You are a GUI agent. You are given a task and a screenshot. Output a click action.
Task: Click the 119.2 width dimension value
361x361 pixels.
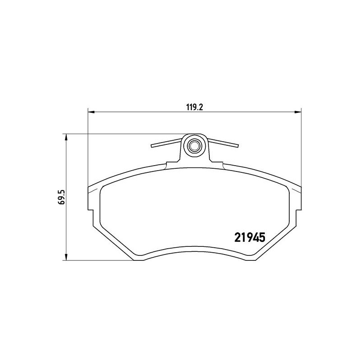click(194, 107)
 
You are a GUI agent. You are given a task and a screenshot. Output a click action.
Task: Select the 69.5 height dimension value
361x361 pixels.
click(62, 197)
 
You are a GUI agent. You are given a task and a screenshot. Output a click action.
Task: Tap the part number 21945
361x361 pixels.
click(250, 237)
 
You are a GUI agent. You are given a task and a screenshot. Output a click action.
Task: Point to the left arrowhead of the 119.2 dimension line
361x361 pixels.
click(91, 112)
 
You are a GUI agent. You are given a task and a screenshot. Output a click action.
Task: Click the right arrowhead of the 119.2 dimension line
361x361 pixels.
click(298, 112)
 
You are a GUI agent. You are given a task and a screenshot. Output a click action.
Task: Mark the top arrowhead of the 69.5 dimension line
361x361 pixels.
click(66, 137)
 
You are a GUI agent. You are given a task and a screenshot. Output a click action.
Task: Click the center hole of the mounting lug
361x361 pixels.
click(194, 146)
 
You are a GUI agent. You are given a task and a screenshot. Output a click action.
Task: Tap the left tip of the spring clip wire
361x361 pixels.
click(152, 146)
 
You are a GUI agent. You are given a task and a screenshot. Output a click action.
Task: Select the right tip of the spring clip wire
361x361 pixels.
click(238, 145)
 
